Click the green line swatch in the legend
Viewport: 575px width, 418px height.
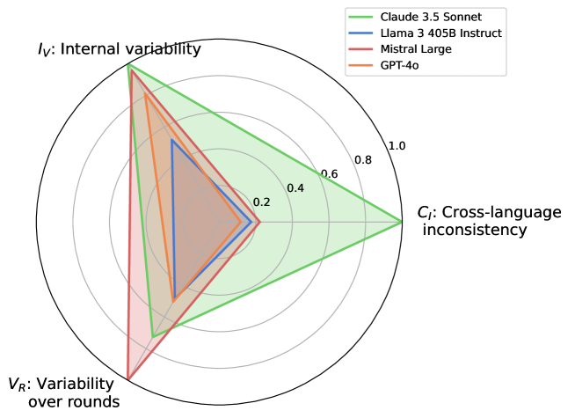[x=365, y=16]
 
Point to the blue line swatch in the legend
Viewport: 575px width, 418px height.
[x=365, y=33]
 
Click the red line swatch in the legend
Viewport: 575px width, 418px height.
[x=365, y=49]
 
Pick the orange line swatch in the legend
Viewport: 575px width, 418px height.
[x=365, y=66]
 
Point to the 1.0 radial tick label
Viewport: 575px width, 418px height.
[x=397, y=145]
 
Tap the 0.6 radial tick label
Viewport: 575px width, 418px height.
[x=329, y=174]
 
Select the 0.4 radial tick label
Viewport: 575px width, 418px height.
[x=295, y=188]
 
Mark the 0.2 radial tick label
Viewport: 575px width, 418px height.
[x=262, y=202]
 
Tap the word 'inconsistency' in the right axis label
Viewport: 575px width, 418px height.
[x=475, y=231]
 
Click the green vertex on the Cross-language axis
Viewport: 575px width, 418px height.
[x=402, y=222]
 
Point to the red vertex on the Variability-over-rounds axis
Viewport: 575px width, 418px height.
[x=128, y=379]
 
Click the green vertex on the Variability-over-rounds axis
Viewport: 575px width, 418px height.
[x=153, y=336]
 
